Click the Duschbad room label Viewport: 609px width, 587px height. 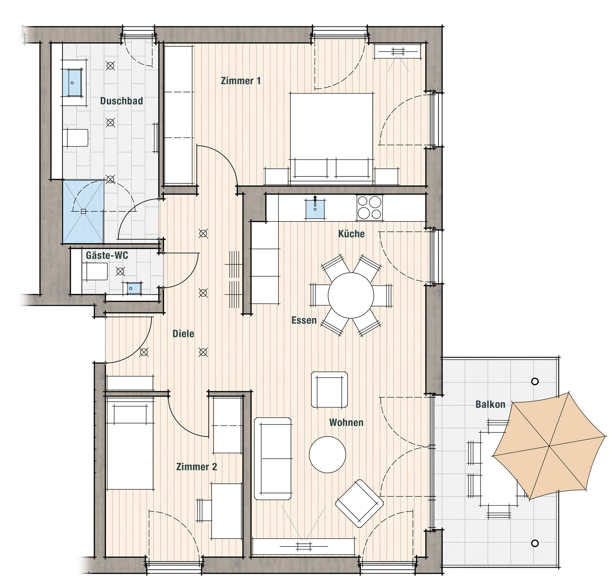121,101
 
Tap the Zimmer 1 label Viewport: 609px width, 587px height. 241,81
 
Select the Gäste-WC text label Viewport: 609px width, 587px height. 107,255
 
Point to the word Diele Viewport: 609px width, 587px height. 183,333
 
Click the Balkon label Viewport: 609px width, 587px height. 490,404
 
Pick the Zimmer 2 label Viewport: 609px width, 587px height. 197,466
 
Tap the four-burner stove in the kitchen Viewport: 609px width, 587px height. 370,207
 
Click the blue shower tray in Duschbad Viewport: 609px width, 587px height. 83,211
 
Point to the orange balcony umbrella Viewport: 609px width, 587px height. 549,445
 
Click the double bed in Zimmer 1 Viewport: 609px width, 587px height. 332,139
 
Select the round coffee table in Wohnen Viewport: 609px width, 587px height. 327,454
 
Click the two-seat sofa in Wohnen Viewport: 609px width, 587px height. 273,458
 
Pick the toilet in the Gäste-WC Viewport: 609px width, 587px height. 95,271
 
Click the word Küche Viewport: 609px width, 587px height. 351,233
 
